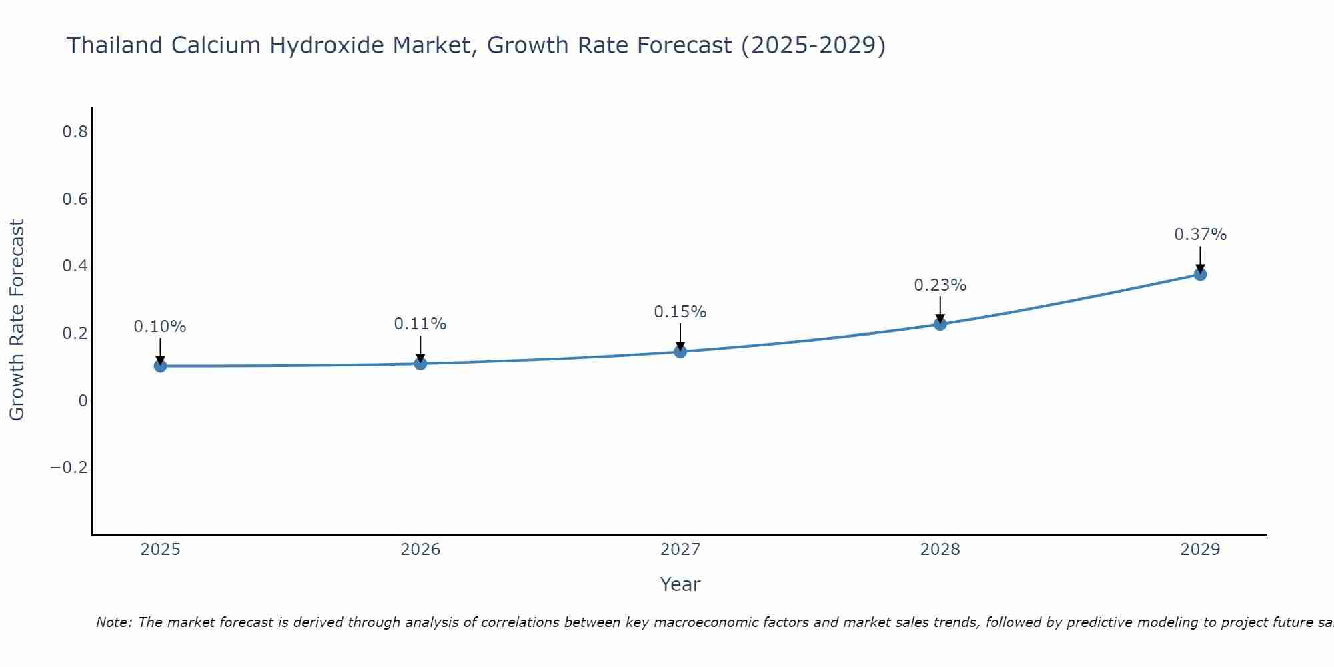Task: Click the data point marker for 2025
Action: (x=160, y=366)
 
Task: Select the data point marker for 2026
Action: (x=420, y=364)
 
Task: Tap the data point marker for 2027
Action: (x=680, y=352)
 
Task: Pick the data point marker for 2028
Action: (x=940, y=324)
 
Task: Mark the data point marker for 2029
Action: (x=1200, y=274)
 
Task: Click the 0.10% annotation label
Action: (x=160, y=327)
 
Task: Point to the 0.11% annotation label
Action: (x=420, y=324)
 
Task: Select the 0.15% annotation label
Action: (x=680, y=312)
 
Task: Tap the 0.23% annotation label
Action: (x=940, y=285)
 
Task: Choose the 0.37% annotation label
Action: (x=1200, y=235)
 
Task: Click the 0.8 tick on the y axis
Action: (x=75, y=132)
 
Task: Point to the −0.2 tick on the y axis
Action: (x=69, y=467)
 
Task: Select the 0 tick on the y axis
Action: (x=83, y=400)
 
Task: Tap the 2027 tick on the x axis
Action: (x=680, y=550)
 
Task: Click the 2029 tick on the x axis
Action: (x=1200, y=550)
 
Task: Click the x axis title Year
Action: (x=680, y=584)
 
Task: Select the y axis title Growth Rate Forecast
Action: (x=17, y=320)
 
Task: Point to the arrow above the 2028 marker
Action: (x=940, y=309)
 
